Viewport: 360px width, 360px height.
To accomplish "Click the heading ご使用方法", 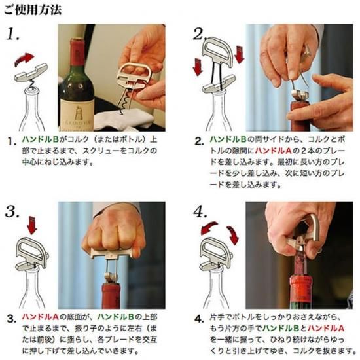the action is click(x=33, y=10).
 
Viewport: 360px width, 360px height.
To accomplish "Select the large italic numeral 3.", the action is click(x=12, y=211).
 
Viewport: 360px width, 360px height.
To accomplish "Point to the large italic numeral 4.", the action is click(x=200, y=211).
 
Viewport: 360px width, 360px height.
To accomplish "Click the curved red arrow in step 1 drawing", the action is click(x=24, y=59).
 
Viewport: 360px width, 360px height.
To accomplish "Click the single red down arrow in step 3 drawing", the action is click(x=31, y=225).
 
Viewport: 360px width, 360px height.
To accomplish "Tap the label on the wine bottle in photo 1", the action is click(x=77, y=115).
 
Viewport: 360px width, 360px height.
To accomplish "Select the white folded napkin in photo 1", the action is click(x=124, y=119).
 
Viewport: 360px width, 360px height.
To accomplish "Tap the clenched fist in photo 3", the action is click(x=114, y=232).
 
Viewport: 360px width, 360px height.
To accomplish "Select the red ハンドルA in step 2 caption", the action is click(x=273, y=151).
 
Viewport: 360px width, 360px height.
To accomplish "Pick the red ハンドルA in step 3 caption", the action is click(x=41, y=317).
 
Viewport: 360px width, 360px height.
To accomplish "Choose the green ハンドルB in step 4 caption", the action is click(x=281, y=329).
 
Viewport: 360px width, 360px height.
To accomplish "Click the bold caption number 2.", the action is click(x=199, y=141).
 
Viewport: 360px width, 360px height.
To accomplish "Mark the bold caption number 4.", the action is click(x=199, y=319).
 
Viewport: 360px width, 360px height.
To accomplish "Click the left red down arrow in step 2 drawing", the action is click(x=198, y=67).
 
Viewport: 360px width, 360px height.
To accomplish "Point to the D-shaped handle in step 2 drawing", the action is click(x=217, y=51).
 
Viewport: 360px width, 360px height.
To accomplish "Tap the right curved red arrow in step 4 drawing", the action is click(x=232, y=235).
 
